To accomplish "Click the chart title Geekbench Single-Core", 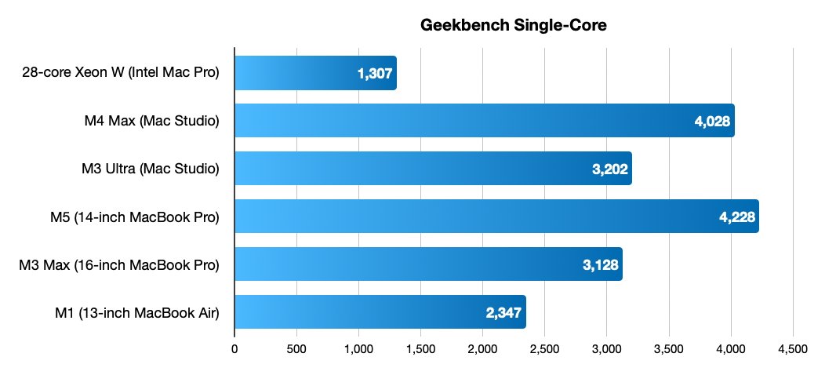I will click(514, 25).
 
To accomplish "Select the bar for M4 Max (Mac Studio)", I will click(484, 121).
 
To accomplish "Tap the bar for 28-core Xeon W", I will click(315, 73).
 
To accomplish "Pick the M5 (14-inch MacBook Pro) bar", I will click(496, 217).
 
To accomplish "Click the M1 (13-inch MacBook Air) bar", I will click(380, 312).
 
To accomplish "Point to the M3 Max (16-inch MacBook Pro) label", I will click(118, 264).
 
